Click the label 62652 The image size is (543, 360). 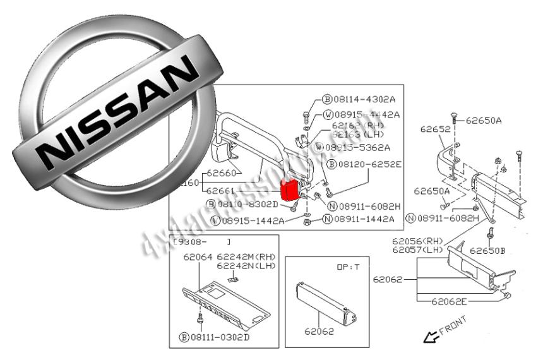point(435,129)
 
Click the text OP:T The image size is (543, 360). point(347,267)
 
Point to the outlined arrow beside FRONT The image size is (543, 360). point(431,337)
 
